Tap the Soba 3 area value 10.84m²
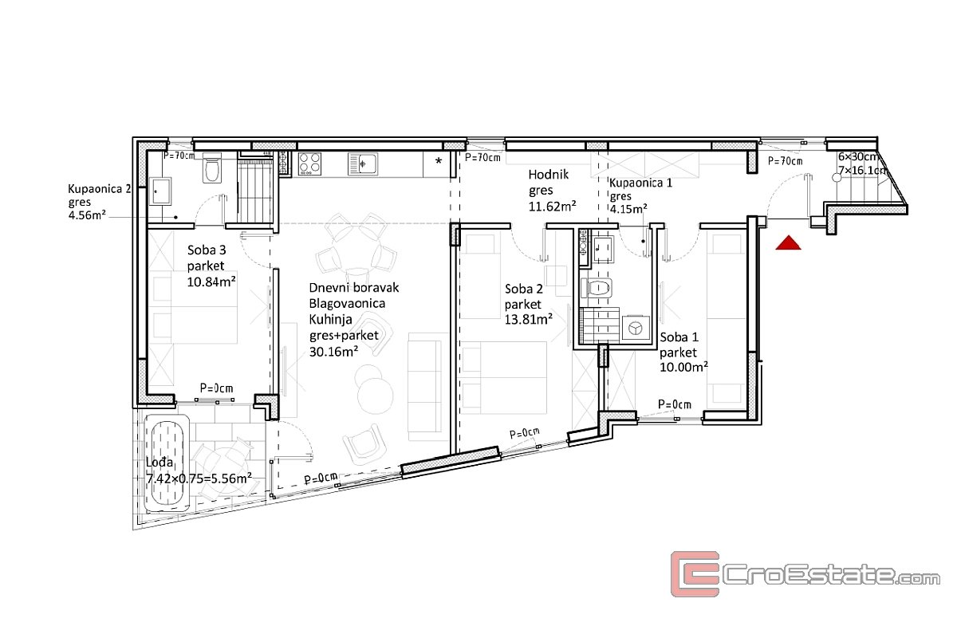[211, 282]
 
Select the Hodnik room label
[549, 175]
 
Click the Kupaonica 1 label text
[640, 183]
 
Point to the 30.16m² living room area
[333, 352]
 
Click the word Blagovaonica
[347, 303]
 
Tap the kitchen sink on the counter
[363, 163]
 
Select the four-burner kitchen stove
[309, 163]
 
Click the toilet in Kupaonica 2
[212, 168]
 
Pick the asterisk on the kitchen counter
[439, 162]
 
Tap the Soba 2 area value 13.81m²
[529, 319]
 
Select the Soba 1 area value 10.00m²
[684, 367]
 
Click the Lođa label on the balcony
[159, 462]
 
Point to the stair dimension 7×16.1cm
[863, 170]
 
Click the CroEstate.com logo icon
[695, 574]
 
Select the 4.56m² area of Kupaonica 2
[87, 215]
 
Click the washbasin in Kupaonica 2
[160, 191]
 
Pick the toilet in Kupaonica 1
[597, 288]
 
